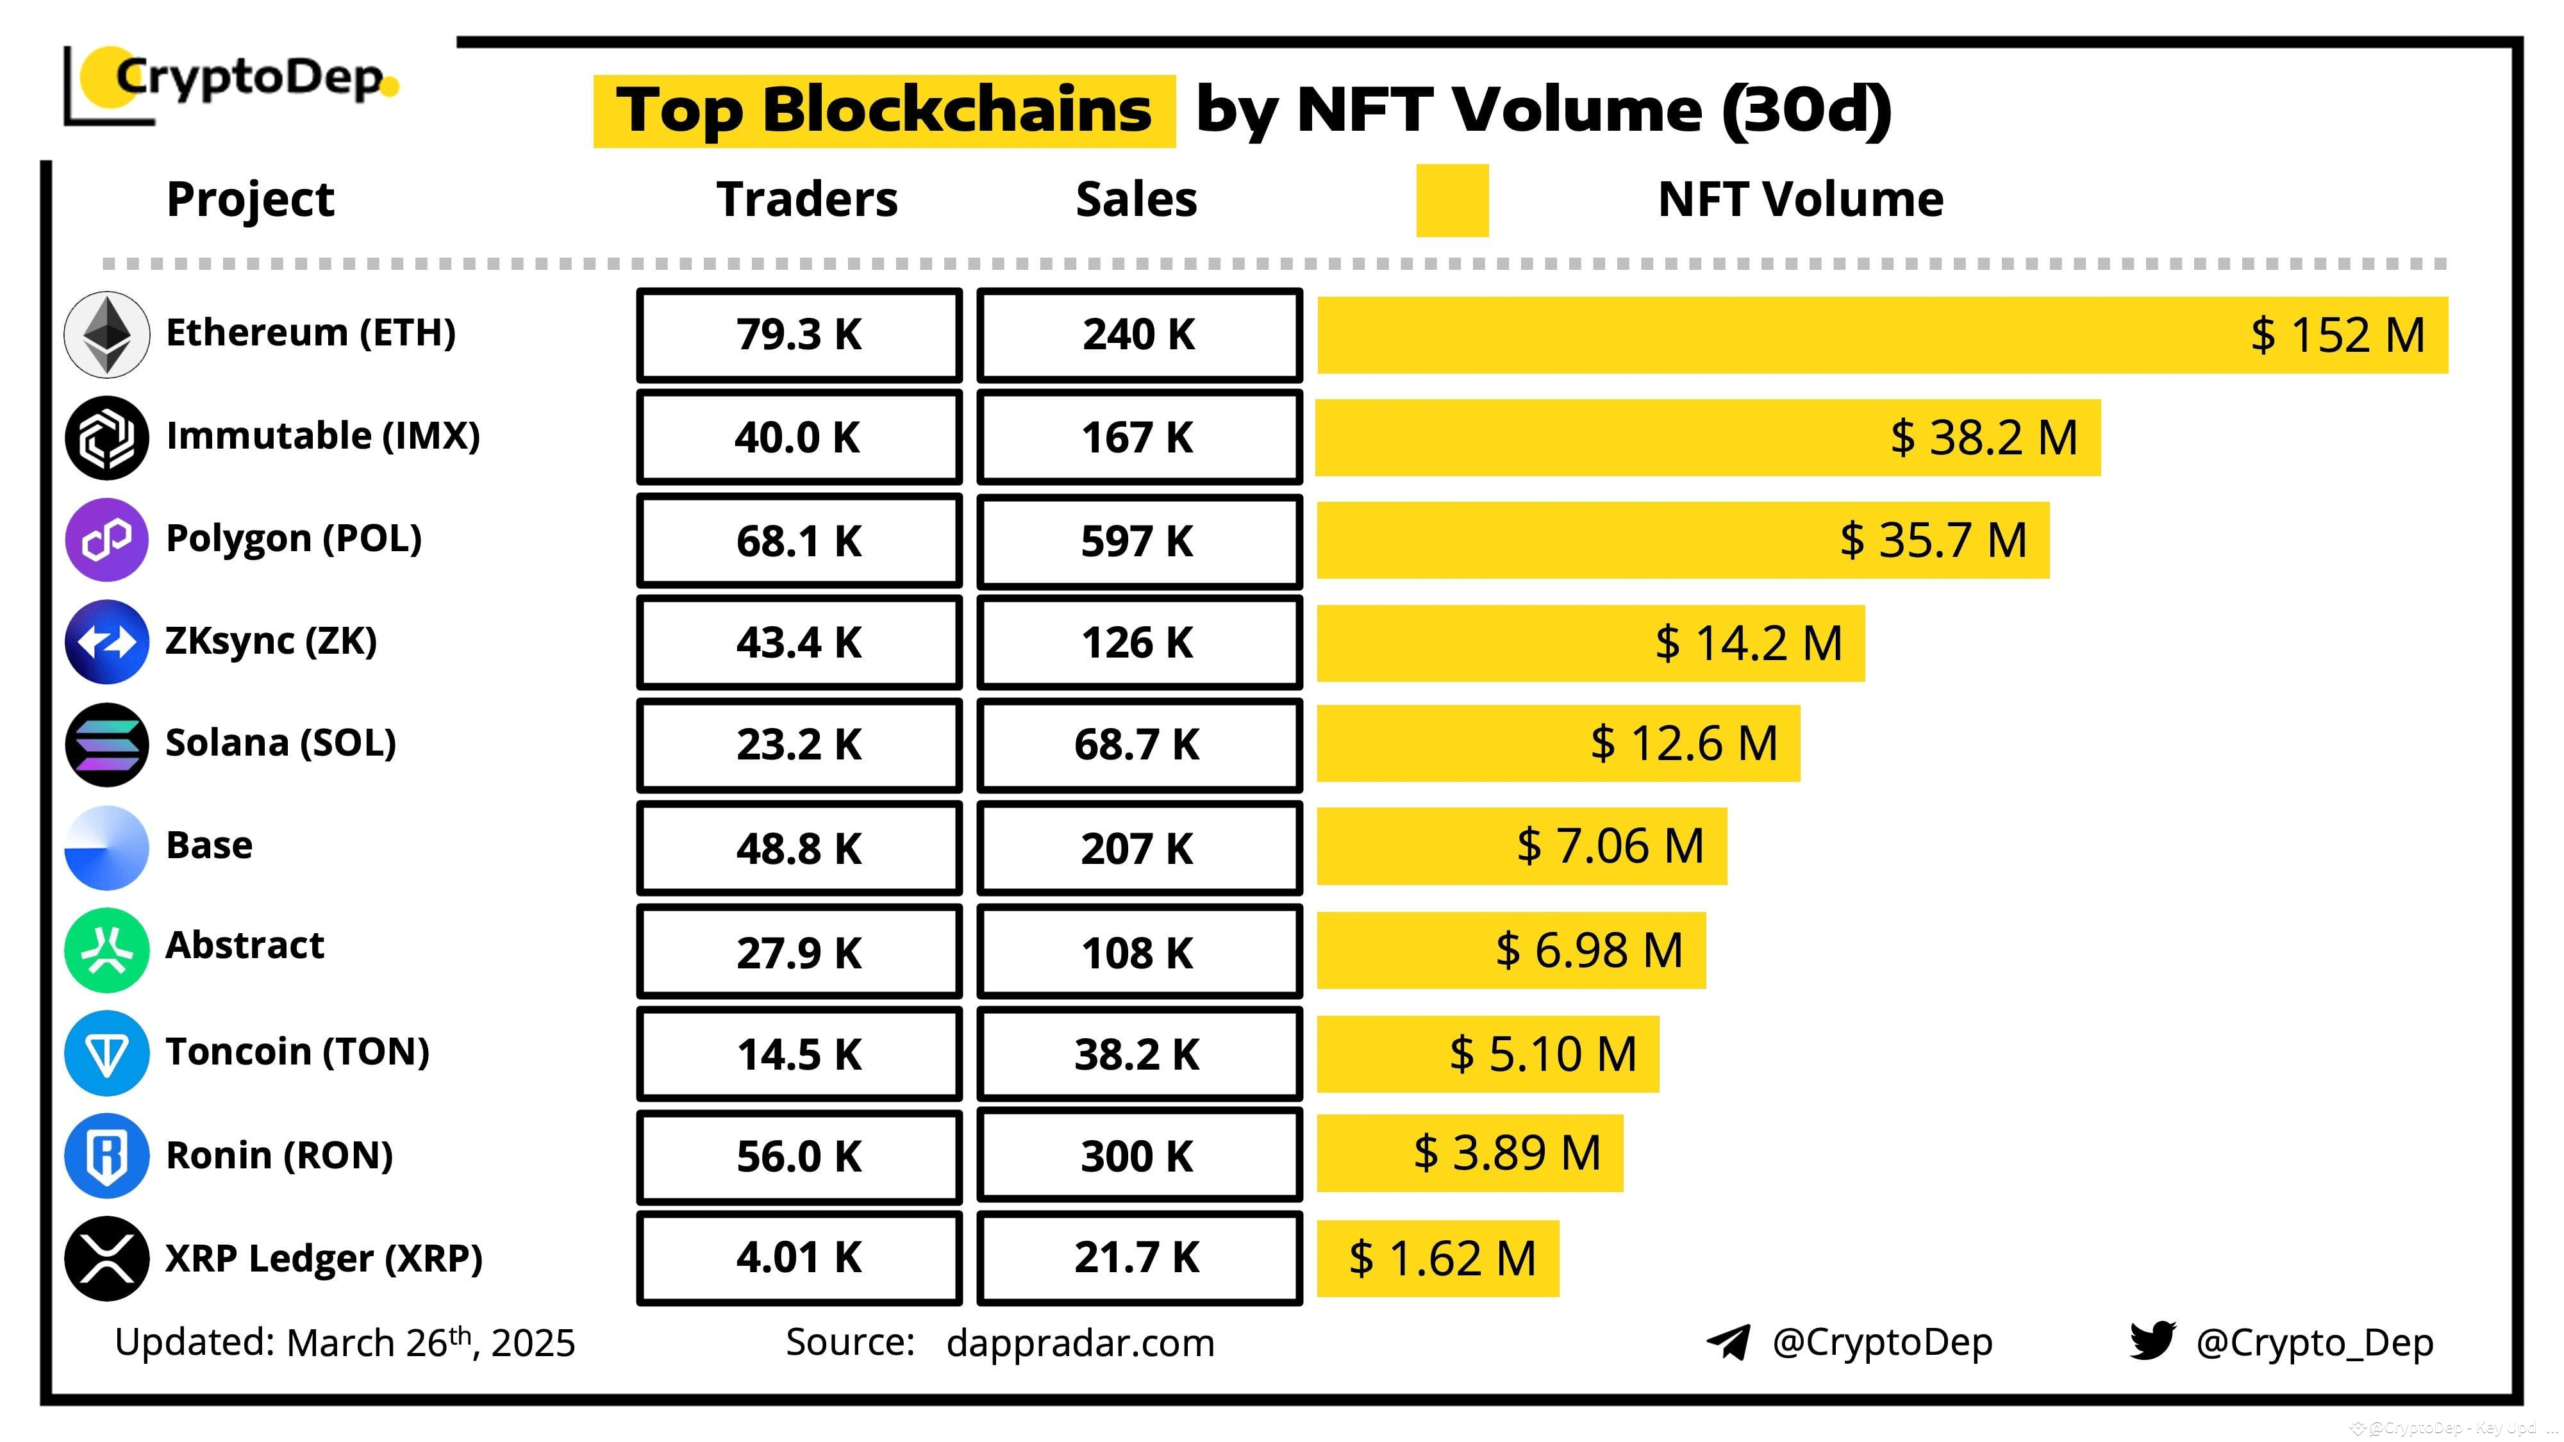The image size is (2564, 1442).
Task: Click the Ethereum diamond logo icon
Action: (106, 335)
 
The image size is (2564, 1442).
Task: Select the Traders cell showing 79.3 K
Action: (799, 335)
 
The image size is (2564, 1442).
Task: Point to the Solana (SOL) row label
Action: (281, 742)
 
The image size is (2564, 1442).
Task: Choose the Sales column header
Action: (1136, 199)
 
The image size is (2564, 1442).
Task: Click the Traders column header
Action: (806, 199)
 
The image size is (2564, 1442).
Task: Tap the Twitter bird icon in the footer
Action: (2151, 1341)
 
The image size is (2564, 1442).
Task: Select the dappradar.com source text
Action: (1080, 1343)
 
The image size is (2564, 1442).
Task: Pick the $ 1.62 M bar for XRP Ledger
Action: (1438, 1259)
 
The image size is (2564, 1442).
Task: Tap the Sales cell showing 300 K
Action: (1138, 1156)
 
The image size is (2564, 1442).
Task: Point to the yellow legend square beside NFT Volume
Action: (1451, 200)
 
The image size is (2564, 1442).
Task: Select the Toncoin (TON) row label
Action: (297, 1052)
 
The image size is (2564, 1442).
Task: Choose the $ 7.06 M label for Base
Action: (1610, 846)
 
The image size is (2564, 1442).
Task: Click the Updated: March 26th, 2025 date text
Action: (344, 1343)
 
